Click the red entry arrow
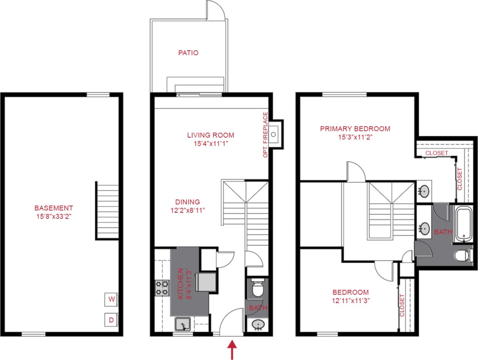point(232,349)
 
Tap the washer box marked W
point(111,299)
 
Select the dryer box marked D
point(111,320)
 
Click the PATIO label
point(188,53)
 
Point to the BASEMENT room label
point(54,208)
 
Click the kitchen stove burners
point(162,288)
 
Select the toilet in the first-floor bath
point(257,288)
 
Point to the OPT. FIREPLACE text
point(265,135)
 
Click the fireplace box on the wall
point(275,134)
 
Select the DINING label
point(188,202)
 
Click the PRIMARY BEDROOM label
point(355,129)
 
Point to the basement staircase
point(107,211)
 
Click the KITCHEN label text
point(180,284)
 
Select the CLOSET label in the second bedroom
point(402,305)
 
